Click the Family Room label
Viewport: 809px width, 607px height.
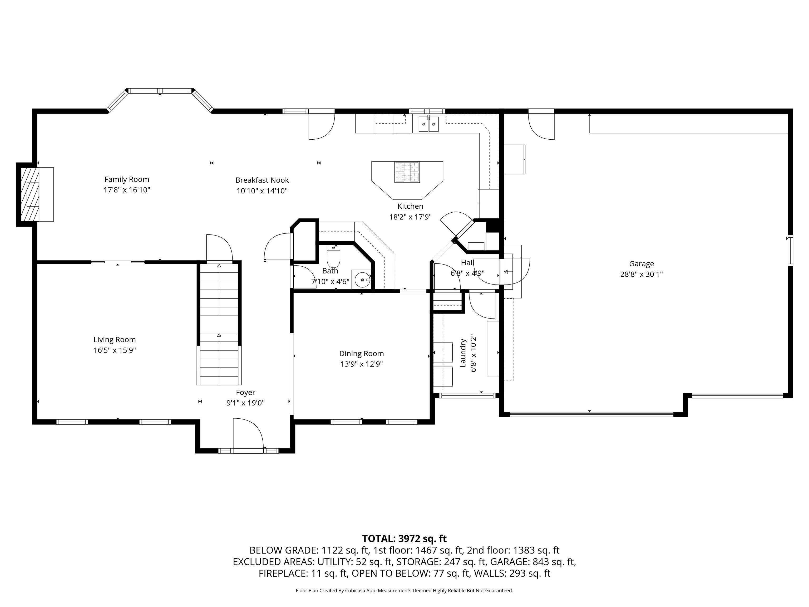click(x=127, y=179)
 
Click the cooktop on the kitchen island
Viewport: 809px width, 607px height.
click(x=407, y=172)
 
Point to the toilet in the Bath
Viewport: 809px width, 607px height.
click(x=333, y=257)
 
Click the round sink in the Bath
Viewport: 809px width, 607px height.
click(x=361, y=280)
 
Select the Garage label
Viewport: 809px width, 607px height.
click(x=641, y=263)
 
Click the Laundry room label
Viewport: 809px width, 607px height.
click(x=463, y=353)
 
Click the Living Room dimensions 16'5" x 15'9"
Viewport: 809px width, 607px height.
click(x=115, y=350)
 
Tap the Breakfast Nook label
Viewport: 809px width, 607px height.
click(x=262, y=180)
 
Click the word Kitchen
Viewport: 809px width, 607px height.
click(x=410, y=206)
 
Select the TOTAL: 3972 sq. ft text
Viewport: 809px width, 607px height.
click(x=404, y=539)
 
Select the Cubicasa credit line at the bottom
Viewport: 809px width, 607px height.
click(x=404, y=591)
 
